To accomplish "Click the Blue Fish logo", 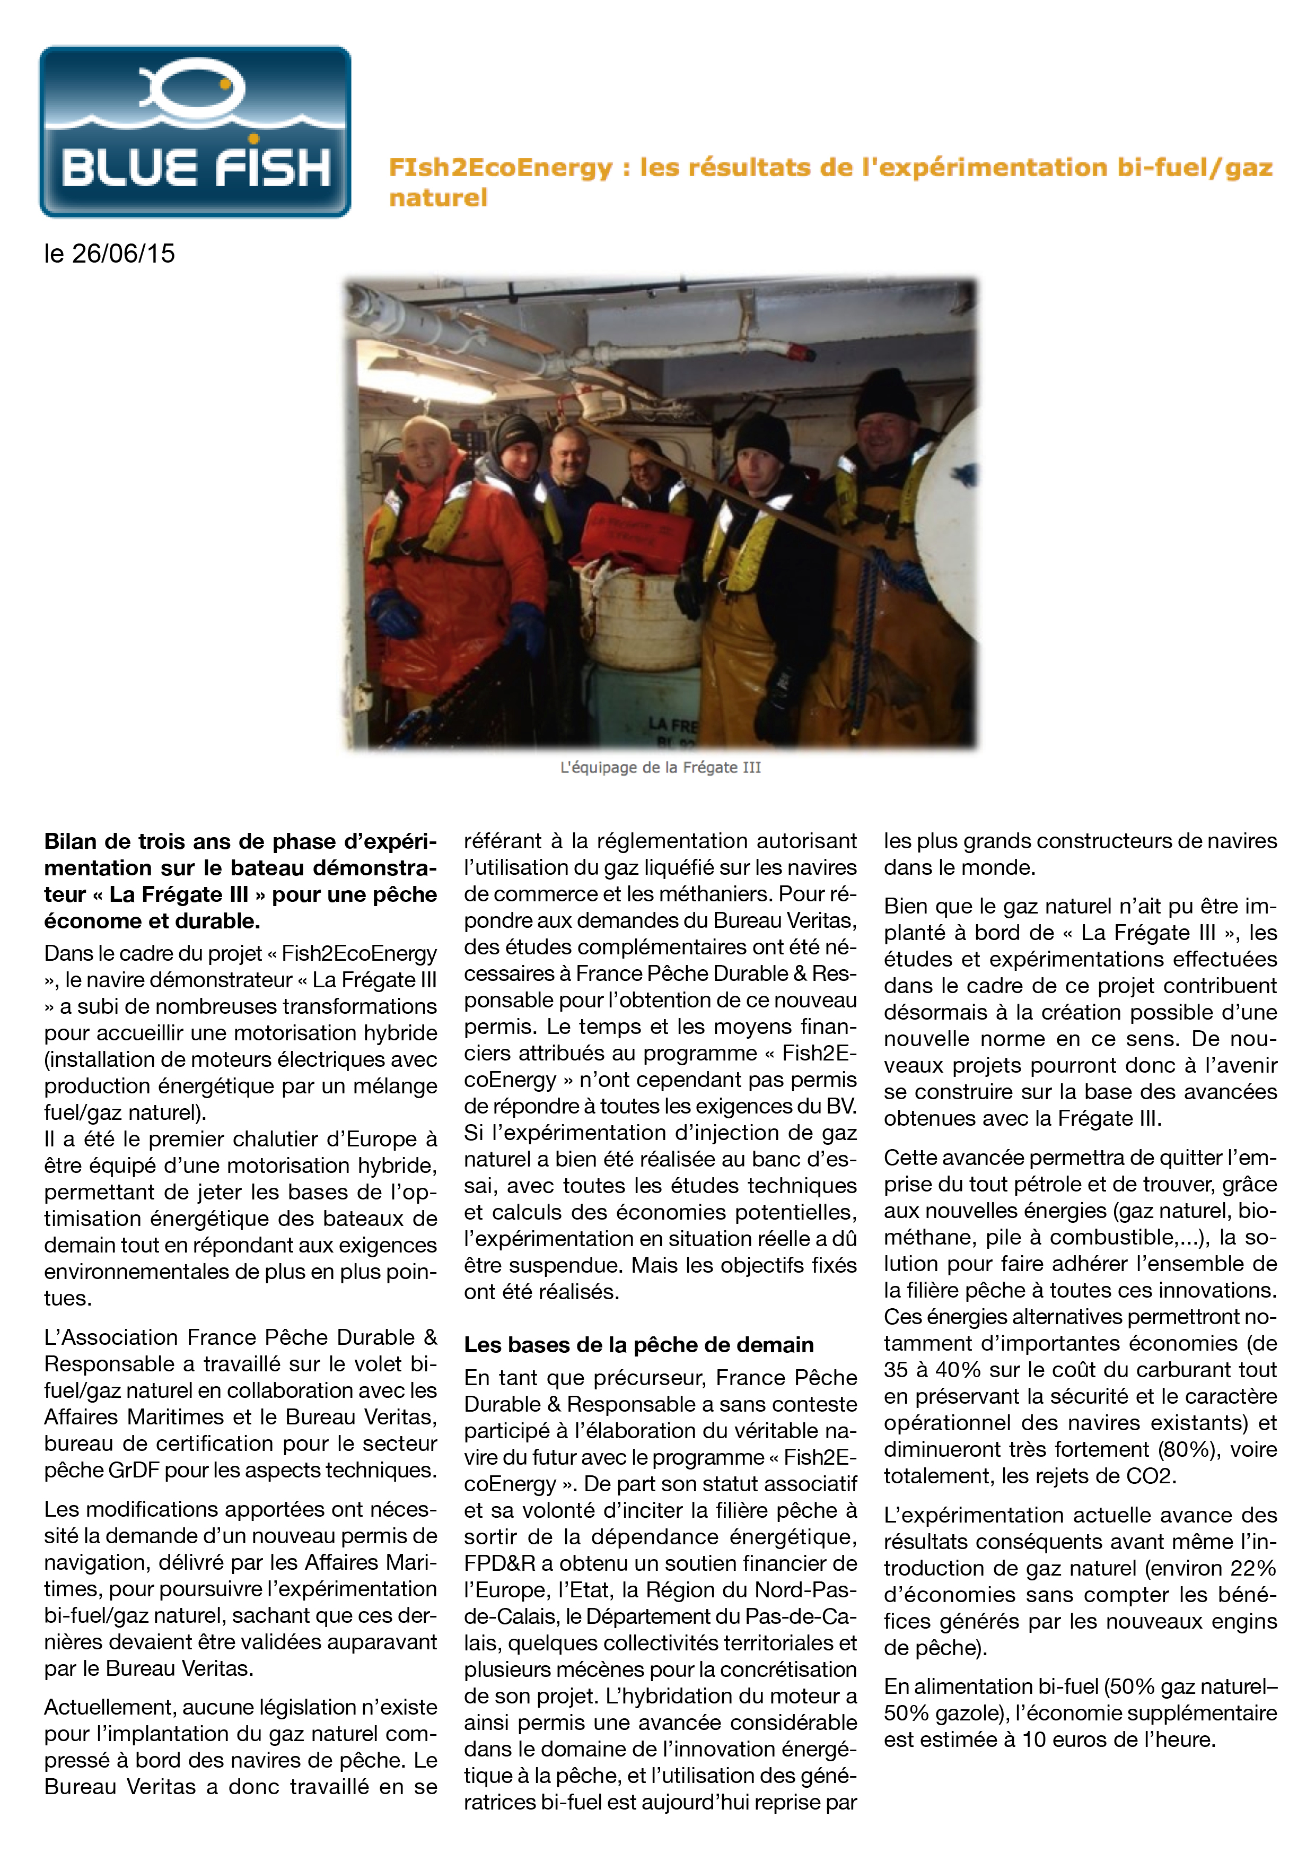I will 195,132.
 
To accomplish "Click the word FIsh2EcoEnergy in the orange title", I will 500,168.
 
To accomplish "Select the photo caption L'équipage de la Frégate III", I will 660,768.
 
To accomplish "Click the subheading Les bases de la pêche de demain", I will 638,1345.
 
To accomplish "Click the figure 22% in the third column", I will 1253,1568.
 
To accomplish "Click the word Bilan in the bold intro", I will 71,841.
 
